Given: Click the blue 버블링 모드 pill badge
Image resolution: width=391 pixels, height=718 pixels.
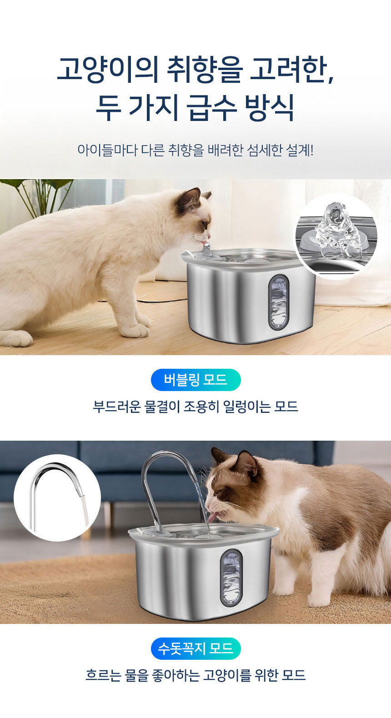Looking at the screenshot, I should (195, 380).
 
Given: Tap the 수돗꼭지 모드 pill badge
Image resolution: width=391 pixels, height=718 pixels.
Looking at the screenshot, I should (195, 648).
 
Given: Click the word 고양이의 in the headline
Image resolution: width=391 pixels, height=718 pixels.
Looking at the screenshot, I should (107, 70).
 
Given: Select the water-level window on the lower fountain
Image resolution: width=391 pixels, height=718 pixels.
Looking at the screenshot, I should (231, 577).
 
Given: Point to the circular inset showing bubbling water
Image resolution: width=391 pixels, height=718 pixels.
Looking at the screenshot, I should (336, 236).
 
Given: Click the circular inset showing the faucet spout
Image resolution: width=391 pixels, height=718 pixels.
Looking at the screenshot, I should (57, 497).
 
